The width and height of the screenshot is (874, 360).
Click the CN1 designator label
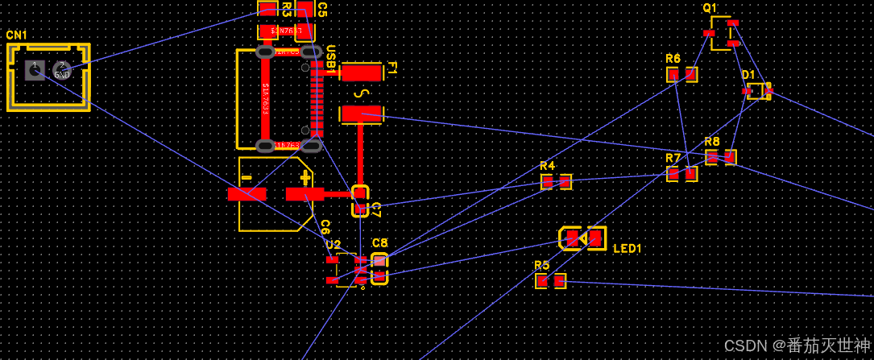coord(16,35)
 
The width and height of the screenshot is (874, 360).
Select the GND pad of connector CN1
coord(62,71)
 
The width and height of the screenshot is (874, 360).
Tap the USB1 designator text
coord(330,61)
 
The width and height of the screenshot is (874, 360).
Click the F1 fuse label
coord(392,68)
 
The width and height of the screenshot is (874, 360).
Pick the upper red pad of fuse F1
coord(362,72)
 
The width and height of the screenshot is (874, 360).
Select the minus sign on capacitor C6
coord(246,177)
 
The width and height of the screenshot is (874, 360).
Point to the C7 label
coord(375,210)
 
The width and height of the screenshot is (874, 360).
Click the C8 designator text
coord(380,242)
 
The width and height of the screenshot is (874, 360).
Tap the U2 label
coord(333,244)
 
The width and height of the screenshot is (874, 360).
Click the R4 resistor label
coord(548,166)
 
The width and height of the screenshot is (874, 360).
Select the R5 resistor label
coord(541,265)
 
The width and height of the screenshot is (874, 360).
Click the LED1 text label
coord(628,249)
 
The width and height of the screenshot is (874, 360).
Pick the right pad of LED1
coord(595,238)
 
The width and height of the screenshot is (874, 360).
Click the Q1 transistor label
coord(710,8)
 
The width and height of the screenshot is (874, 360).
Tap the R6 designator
coord(673,59)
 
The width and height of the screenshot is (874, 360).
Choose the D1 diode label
coord(749,75)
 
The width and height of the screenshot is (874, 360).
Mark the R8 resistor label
coord(712,142)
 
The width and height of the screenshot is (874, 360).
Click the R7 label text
coord(673,158)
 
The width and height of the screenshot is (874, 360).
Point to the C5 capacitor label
coord(321,10)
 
